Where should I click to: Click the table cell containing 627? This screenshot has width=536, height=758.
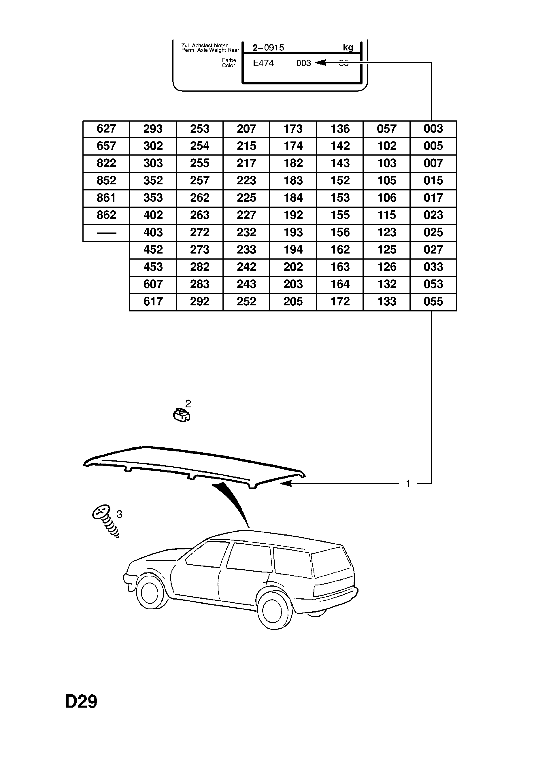tap(106, 129)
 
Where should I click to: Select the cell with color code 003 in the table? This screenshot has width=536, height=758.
tap(433, 129)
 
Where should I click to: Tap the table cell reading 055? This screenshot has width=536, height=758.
tap(433, 301)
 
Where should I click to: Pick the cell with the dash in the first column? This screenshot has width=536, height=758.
tap(106, 233)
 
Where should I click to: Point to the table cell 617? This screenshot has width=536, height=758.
tap(153, 301)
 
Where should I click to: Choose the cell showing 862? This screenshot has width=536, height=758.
tap(106, 215)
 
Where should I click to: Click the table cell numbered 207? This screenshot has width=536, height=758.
tap(246, 129)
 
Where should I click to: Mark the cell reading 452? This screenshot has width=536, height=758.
tap(153, 249)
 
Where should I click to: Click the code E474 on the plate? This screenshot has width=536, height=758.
tap(263, 63)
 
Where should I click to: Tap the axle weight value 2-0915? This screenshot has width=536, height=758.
tap(268, 48)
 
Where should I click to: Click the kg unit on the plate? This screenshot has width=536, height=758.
tap(348, 48)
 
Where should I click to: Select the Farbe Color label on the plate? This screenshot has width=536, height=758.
tap(229, 63)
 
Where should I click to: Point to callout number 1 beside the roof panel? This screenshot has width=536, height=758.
tap(408, 484)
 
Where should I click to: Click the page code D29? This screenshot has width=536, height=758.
tap(81, 702)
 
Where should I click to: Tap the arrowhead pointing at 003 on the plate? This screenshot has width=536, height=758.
tap(320, 63)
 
